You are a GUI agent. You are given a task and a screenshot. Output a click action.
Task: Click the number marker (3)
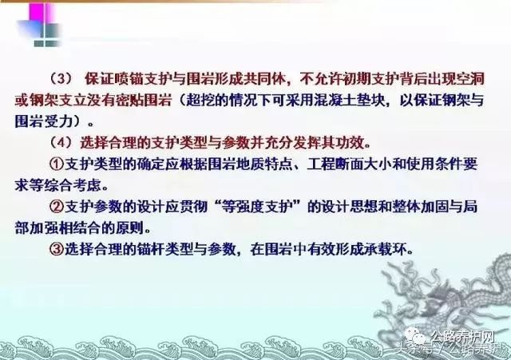(61, 79)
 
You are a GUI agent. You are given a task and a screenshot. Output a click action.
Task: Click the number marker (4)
(61, 142)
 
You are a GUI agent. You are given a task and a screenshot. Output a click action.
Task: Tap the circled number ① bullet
(57, 164)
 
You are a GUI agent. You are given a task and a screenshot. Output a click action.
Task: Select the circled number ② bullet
(57, 207)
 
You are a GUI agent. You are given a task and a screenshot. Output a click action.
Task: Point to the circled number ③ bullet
(57, 249)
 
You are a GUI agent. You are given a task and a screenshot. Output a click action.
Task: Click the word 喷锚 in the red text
(128, 79)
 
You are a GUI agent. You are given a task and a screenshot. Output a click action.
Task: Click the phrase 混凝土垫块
(349, 101)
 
